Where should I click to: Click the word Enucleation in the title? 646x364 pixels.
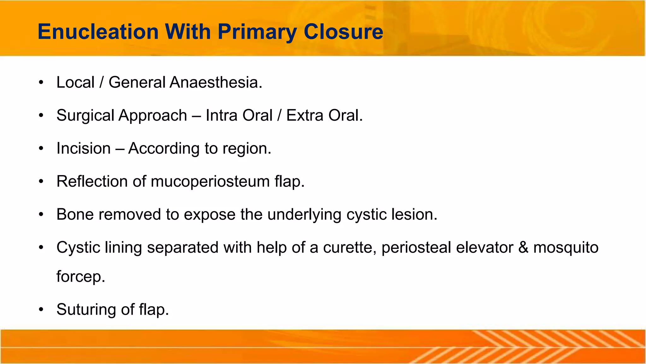(x=98, y=32)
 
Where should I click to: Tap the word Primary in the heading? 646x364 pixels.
(x=257, y=32)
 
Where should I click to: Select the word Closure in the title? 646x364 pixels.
(x=343, y=32)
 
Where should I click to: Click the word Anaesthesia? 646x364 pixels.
(x=216, y=82)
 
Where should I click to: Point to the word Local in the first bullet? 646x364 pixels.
(x=75, y=82)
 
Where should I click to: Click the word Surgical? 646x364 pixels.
(x=85, y=115)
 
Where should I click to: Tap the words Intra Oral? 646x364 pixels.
(x=239, y=115)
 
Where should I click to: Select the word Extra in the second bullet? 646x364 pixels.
(x=305, y=115)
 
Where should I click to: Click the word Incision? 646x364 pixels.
(x=84, y=149)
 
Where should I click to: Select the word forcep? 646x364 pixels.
(x=80, y=277)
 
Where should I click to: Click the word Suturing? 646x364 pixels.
(x=86, y=310)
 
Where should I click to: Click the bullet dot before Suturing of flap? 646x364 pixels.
(x=41, y=310)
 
